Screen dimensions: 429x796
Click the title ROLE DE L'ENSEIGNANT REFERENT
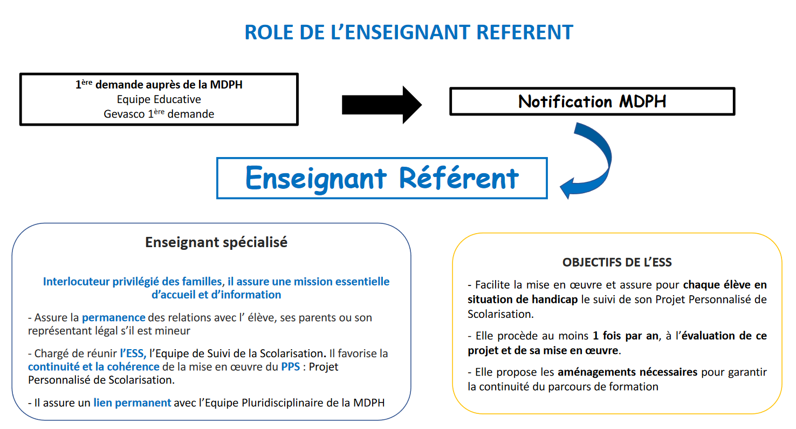pos(408,32)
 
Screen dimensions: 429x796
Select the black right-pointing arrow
pos(381,105)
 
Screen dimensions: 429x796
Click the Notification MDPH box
pos(592,101)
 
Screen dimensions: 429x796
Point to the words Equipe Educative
pos(159,99)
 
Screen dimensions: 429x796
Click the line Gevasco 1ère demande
pos(159,114)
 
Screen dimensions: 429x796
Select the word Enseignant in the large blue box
pos(316,178)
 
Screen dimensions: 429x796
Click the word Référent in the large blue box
pos(459,178)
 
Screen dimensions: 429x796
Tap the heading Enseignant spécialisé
pos(216,242)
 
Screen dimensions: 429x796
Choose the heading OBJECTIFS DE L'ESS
pos(617,262)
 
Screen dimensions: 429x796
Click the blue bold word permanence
pos(113,317)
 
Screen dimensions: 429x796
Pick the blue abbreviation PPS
pos(290,367)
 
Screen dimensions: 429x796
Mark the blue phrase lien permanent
pos(132,402)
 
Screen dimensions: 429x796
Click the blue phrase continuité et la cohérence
pos(94,367)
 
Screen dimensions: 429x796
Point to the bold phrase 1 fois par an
pos(626,336)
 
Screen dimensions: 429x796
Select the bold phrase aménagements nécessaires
pos(628,372)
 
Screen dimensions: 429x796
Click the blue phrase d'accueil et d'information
pos(216,295)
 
